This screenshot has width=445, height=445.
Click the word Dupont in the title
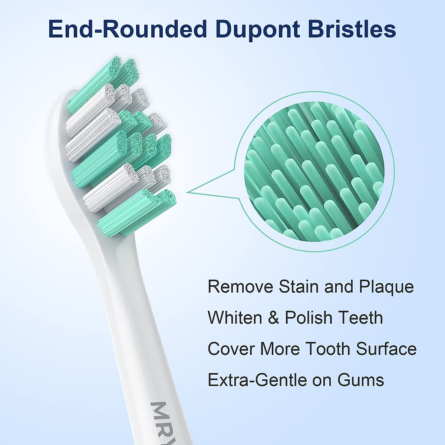point(257,29)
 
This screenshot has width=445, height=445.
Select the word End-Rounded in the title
point(127,29)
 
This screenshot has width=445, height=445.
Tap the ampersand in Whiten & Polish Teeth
point(273,318)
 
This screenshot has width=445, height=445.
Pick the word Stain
point(299,287)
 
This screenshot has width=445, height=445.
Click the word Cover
point(231,349)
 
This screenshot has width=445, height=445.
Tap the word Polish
point(309,318)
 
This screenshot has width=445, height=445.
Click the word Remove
point(241,287)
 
